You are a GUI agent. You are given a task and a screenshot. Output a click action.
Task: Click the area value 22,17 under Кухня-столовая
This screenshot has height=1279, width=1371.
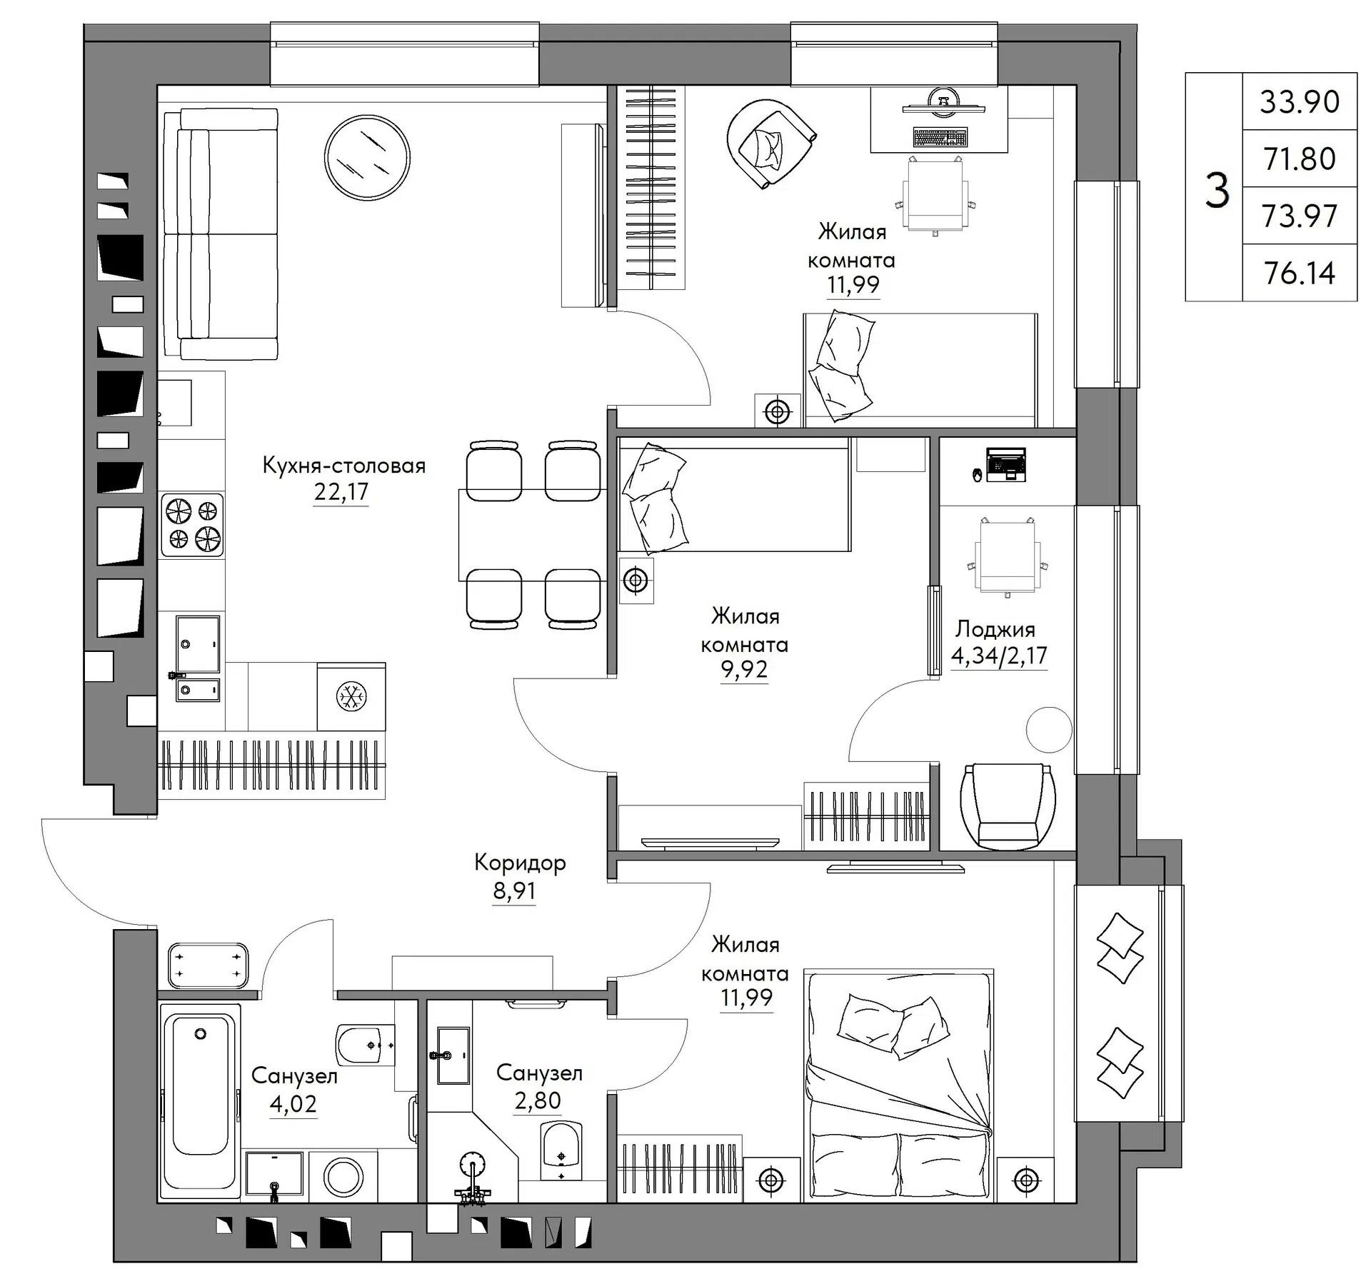click(x=341, y=491)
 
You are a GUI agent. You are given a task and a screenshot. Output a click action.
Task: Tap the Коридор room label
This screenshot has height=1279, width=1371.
click(x=520, y=863)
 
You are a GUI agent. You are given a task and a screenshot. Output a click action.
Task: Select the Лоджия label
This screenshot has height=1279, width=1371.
click(x=995, y=629)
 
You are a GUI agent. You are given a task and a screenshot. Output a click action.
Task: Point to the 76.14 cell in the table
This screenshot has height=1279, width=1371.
click(x=1299, y=273)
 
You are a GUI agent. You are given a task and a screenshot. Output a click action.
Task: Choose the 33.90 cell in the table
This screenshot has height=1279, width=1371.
click(x=1299, y=101)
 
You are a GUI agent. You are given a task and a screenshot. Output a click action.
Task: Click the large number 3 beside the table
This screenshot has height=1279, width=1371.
click(x=1217, y=190)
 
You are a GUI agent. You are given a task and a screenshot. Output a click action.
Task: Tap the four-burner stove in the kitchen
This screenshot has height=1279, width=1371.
click(x=192, y=525)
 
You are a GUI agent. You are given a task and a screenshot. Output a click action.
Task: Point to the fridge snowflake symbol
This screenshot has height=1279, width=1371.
click(x=351, y=696)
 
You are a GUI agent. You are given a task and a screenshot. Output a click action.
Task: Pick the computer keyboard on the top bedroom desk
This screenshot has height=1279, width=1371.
click(x=940, y=137)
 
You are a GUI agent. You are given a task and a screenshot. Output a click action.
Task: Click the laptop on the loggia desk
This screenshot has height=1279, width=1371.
click(x=1005, y=464)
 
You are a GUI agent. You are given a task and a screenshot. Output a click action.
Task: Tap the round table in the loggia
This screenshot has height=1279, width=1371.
click(x=1049, y=729)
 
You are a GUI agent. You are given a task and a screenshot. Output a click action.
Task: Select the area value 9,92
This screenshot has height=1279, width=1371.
click(x=744, y=669)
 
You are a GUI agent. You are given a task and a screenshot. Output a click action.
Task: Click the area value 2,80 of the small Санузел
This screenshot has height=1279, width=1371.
click(x=538, y=1100)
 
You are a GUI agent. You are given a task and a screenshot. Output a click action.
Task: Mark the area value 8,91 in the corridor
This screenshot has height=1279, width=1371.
click(x=514, y=891)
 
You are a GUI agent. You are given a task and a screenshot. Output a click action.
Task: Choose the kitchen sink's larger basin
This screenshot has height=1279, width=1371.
click(x=198, y=644)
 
